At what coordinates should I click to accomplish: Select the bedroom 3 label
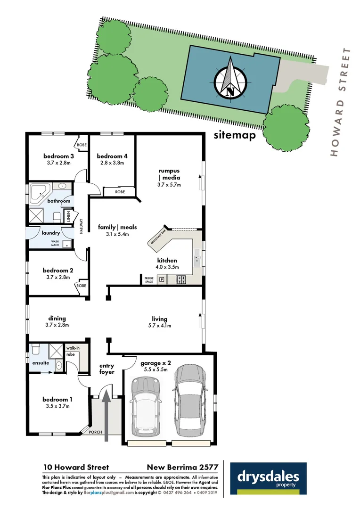58,156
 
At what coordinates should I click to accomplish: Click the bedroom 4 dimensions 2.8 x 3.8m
112,163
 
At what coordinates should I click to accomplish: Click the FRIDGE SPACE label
149,280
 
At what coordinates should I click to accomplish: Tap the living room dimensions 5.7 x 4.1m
159,326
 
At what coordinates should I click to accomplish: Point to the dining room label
57,318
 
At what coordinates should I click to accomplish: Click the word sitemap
234,135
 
